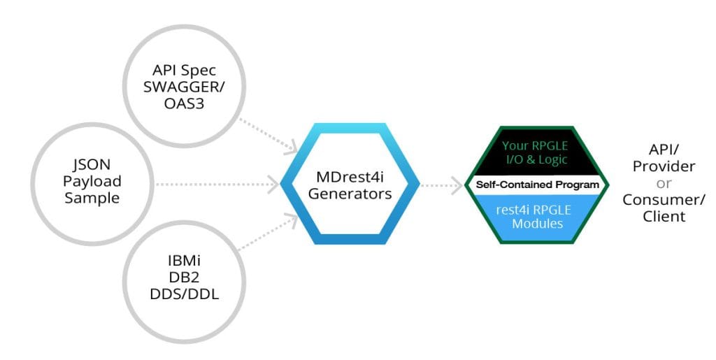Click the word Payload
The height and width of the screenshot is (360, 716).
[x=93, y=182]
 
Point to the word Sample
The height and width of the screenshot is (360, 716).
[x=93, y=198]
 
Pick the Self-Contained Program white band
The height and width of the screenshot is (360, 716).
[x=538, y=185]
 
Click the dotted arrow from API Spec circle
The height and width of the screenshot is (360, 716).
[x=268, y=134]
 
